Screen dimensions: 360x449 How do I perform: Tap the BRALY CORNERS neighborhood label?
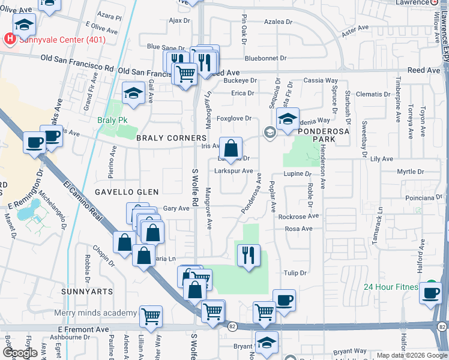(171, 138)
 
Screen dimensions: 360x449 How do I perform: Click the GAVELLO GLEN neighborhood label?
(126, 192)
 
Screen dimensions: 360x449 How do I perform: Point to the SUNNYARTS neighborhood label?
(86, 291)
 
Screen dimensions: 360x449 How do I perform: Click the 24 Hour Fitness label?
(390, 287)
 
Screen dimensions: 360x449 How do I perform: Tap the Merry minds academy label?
(95, 313)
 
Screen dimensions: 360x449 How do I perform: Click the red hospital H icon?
(10, 40)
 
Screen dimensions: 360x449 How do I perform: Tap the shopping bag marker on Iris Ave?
(231, 148)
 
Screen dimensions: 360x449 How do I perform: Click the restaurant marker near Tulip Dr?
(248, 254)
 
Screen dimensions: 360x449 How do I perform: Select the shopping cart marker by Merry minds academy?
(151, 315)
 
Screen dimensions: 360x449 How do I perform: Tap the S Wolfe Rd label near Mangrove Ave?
(194, 186)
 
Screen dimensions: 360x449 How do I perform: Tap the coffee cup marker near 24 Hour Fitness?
(430, 293)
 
